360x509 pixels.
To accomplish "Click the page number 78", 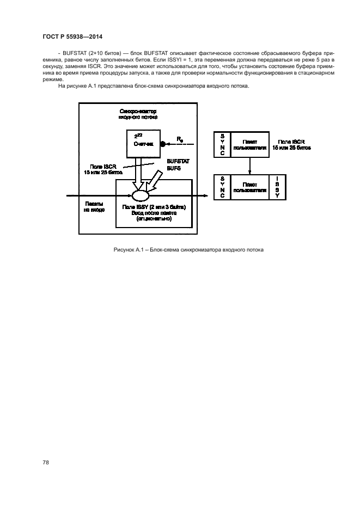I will pos(46,462).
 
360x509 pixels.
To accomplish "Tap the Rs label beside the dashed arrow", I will pos(180,139).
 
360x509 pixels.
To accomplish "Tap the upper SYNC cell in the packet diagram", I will pos(222,144).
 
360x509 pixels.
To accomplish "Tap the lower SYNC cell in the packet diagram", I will pos(222,187).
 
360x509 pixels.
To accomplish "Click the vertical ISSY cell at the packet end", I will pos(276,187).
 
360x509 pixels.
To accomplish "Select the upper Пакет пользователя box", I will pos(249,144).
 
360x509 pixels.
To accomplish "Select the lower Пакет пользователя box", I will pos(249,187).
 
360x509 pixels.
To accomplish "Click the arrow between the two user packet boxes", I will pos(249,165).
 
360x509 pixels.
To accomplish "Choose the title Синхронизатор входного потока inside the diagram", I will pos(138,113).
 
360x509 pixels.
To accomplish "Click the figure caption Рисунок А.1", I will pos(188,250).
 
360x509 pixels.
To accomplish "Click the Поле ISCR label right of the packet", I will pos(292,144).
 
